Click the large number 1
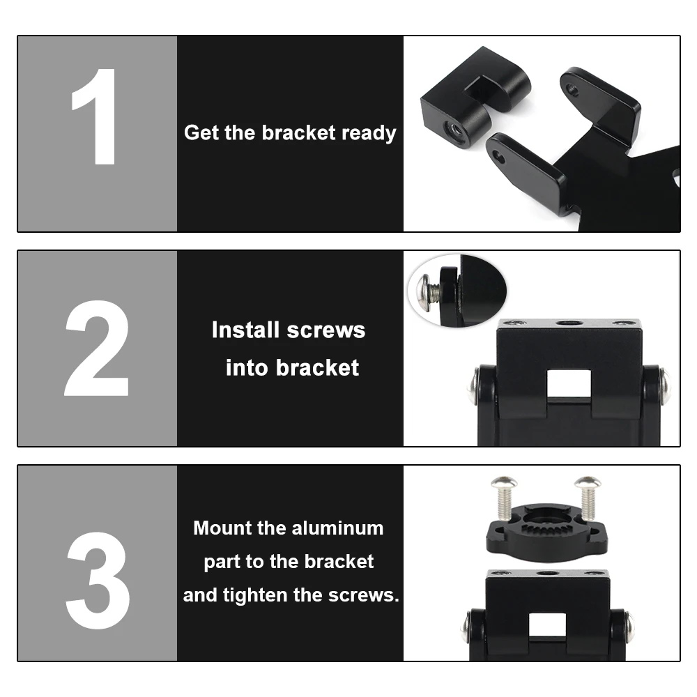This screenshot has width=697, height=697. click(x=96, y=116)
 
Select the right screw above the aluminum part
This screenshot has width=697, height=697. click(x=588, y=494)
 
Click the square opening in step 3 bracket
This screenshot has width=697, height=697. click(x=546, y=625)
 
